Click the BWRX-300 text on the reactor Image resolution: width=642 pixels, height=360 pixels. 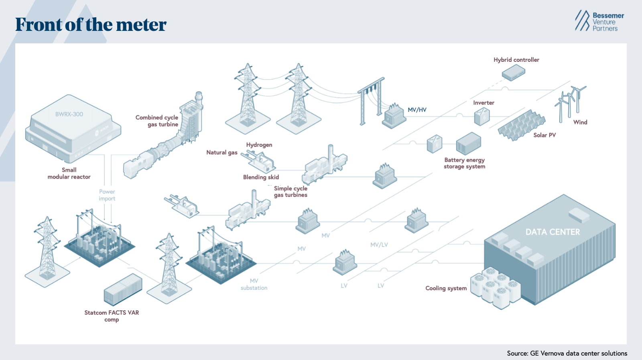pyautogui.click(x=69, y=114)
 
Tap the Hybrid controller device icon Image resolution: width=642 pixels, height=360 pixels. pyautogui.click(x=513, y=73)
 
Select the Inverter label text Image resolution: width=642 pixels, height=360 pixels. pyautogui.click(x=484, y=103)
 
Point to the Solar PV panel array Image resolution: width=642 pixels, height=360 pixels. pyautogui.click(x=522, y=125)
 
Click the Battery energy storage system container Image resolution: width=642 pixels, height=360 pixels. pyautogui.click(x=468, y=143)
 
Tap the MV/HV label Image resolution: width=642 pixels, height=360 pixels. pyautogui.click(x=417, y=110)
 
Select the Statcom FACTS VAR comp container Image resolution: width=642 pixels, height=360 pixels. pyautogui.click(x=123, y=289)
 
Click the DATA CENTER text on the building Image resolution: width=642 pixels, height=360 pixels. pyautogui.click(x=553, y=232)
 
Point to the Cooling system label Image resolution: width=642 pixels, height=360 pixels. pyautogui.click(x=446, y=288)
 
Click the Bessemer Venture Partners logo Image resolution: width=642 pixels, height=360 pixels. pyautogui.click(x=599, y=20)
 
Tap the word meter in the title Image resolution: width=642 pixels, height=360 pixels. pyautogui.click(x=141, y=24)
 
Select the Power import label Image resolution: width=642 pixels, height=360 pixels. pyautogui.click(x=107, y=195)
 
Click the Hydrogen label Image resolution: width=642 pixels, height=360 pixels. pyautogui.click(x=259, y=145)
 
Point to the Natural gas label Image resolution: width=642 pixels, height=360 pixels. pyautogui.click(x=222, y=153)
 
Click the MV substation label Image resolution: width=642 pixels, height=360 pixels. pyautogui.click(x=254, y=284)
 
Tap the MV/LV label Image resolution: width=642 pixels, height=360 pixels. pyautogui.click(x=379, y=245)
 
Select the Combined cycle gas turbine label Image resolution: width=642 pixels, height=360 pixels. pyautogui.click(x=157, y=121)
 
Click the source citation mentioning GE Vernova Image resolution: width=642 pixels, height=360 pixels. pyautogui.click(x=567, y=353)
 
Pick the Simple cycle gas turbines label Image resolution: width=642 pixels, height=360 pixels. pyautogui.click(x=291, y=192)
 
